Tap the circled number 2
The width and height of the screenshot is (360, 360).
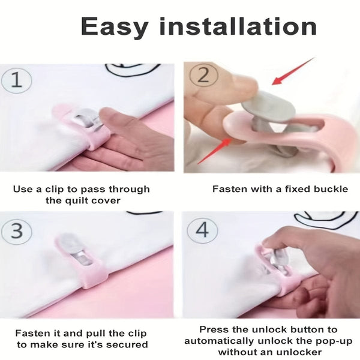[x=202, y=76]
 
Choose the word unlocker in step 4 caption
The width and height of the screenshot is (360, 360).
[x=297, y=352]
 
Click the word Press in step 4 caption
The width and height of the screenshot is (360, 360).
[x=213, y=329]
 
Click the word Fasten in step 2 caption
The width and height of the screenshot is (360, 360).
[x=228, y=189]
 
